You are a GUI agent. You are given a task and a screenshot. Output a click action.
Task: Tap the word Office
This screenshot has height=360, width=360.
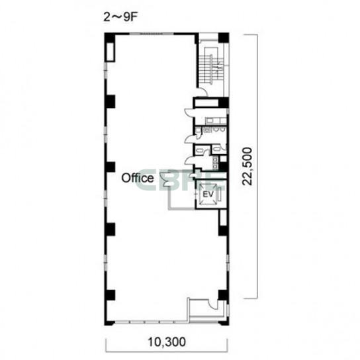(x=138, y=178)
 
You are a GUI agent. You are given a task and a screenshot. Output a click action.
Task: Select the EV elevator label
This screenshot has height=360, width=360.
(x=208, y=195)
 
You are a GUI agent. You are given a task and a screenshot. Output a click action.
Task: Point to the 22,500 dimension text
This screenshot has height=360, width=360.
(x=247, y=167)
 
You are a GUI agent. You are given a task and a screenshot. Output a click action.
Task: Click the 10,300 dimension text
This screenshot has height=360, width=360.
(x=167, y=342)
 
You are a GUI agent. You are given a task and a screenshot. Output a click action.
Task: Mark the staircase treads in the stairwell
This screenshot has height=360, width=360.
(x=210, y=69)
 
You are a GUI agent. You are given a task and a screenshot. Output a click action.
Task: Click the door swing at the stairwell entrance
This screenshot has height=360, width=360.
(x=202, y=92)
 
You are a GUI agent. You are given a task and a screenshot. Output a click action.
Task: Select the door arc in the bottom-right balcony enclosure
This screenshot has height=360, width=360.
(x=213, y=304)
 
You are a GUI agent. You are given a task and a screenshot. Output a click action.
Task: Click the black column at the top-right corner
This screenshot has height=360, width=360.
(x=224, y=38)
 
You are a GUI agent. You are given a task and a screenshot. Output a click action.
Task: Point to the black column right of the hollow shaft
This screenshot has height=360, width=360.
(x=224, y=103)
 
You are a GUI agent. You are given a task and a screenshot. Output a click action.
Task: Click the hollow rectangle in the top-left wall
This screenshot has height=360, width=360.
(x=109, y=52)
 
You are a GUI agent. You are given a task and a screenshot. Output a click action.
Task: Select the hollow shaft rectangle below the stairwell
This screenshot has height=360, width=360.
(x=206, y=103)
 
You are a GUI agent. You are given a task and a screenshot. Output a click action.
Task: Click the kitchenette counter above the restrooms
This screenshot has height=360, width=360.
(x=216, y=120)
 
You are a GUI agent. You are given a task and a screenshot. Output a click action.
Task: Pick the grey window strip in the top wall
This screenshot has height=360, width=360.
(x=152, y=34)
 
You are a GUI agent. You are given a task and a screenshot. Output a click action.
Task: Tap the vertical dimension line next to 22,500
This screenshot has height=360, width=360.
(x=257, y=167)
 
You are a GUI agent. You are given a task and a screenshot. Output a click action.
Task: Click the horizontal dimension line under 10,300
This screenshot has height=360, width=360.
(x=167, y=351)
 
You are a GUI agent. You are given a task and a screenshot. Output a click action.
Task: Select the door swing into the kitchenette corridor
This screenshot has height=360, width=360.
(x=190, y=112)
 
